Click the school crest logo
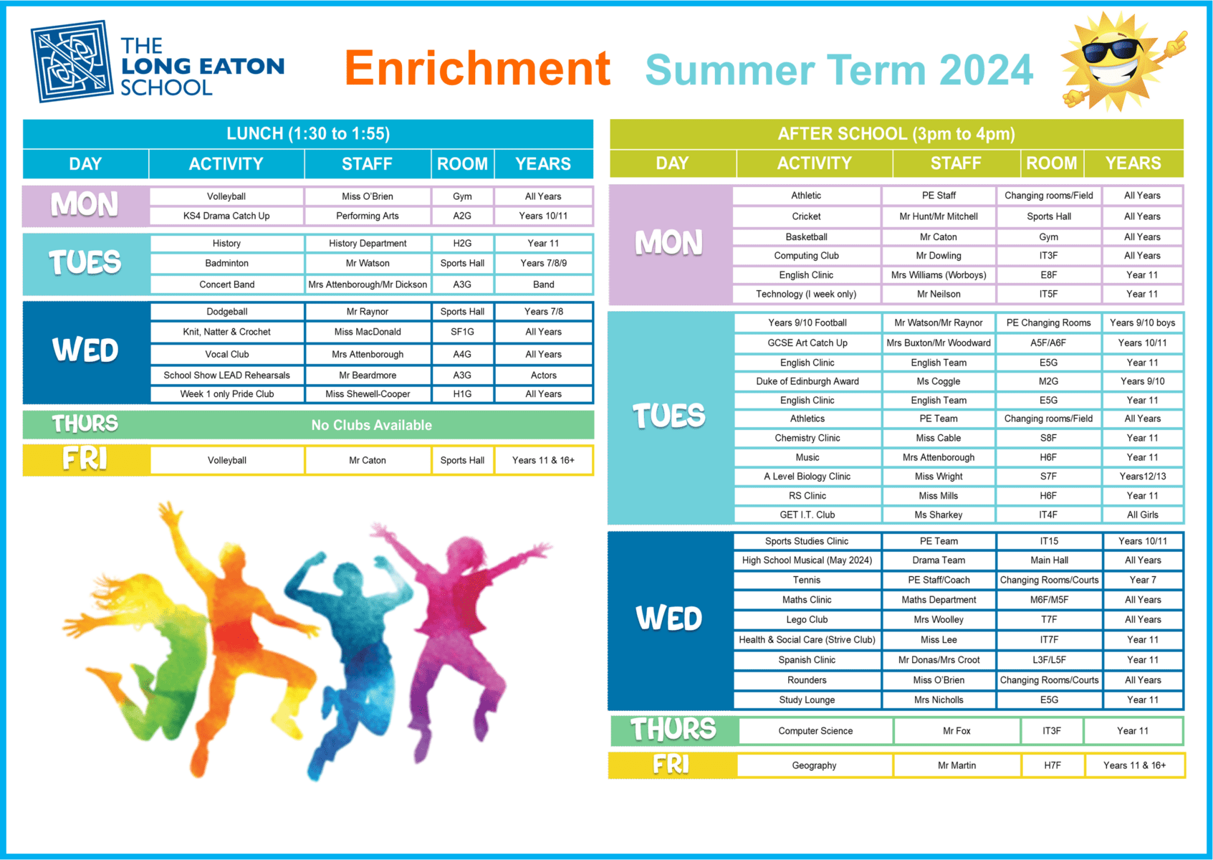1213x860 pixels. pos(72,62)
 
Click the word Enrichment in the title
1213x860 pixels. pos(477,68)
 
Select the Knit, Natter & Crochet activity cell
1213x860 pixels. pos(227,332)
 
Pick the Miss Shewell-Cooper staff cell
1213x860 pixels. pos(368,394)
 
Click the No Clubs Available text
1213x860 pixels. pos(371,425)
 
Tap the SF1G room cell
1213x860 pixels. pos(462,332)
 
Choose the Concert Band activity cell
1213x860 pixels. pos(227,285)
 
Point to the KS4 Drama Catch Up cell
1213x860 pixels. pos(226,216)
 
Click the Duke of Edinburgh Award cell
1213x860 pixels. pos(807,381)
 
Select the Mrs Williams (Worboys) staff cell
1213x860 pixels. pos(939,275)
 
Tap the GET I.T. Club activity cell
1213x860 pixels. pos(807,515)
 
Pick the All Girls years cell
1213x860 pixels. pos(1143,515)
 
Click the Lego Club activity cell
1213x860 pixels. pos(807,619)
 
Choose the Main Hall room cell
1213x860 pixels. pos(1049,560)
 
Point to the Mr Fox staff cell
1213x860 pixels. pos(957,731)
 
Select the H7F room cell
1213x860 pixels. pos(1053,765)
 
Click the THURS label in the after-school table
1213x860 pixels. pos(673,730)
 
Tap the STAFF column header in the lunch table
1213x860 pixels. pos(367,164)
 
